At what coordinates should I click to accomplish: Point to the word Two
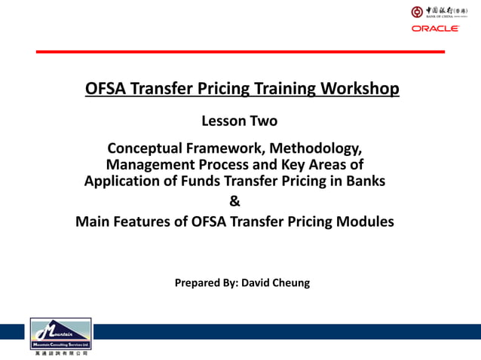point(263,121)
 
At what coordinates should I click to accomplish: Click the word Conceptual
point(150,147)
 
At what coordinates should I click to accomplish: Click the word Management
point(149,164)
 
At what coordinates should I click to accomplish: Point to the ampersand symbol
point(234,201)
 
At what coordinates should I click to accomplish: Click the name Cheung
point(290,283)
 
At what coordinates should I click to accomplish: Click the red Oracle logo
point(435,29)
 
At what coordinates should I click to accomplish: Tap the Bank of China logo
point(435,11)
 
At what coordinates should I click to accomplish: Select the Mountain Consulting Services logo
point(61,336)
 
